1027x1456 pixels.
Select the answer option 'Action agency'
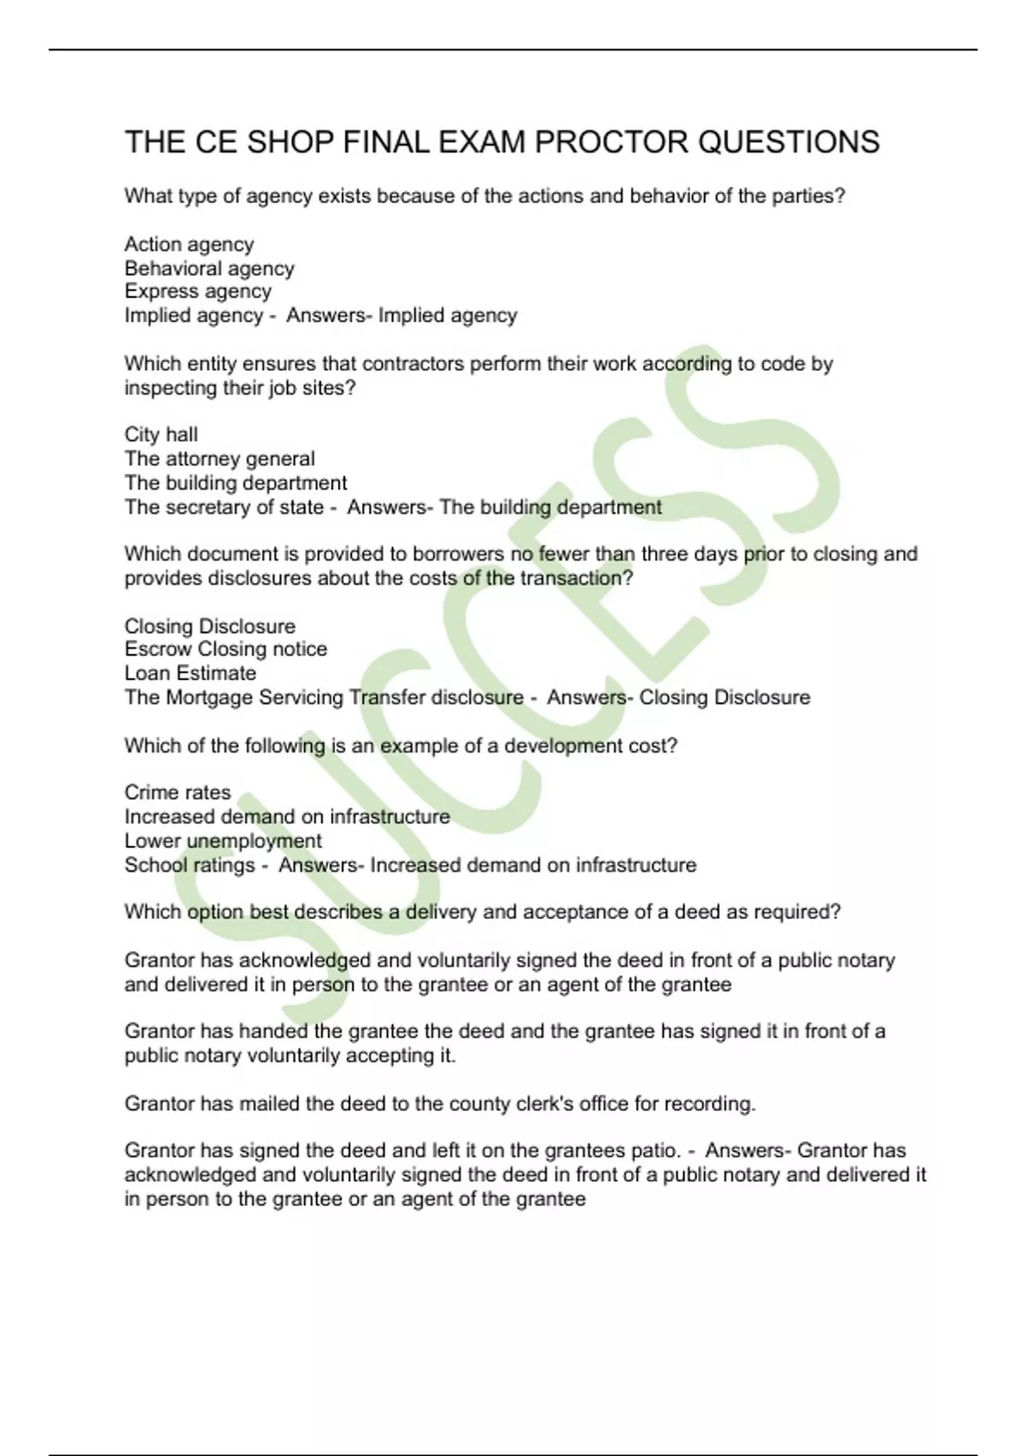(189, 245)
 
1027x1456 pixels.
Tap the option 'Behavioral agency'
(209, 269)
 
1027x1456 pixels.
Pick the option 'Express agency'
(198, 292)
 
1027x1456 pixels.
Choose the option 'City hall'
(161, 435)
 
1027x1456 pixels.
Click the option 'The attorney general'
(219, 459)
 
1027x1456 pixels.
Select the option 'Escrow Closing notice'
(225, 649)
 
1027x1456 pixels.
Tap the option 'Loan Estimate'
(190, 673)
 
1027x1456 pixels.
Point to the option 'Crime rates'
(177, 792)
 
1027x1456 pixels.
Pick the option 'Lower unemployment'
(223, 841)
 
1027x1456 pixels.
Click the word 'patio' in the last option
(655, 1150)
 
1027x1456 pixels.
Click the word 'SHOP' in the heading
(290, 142)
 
